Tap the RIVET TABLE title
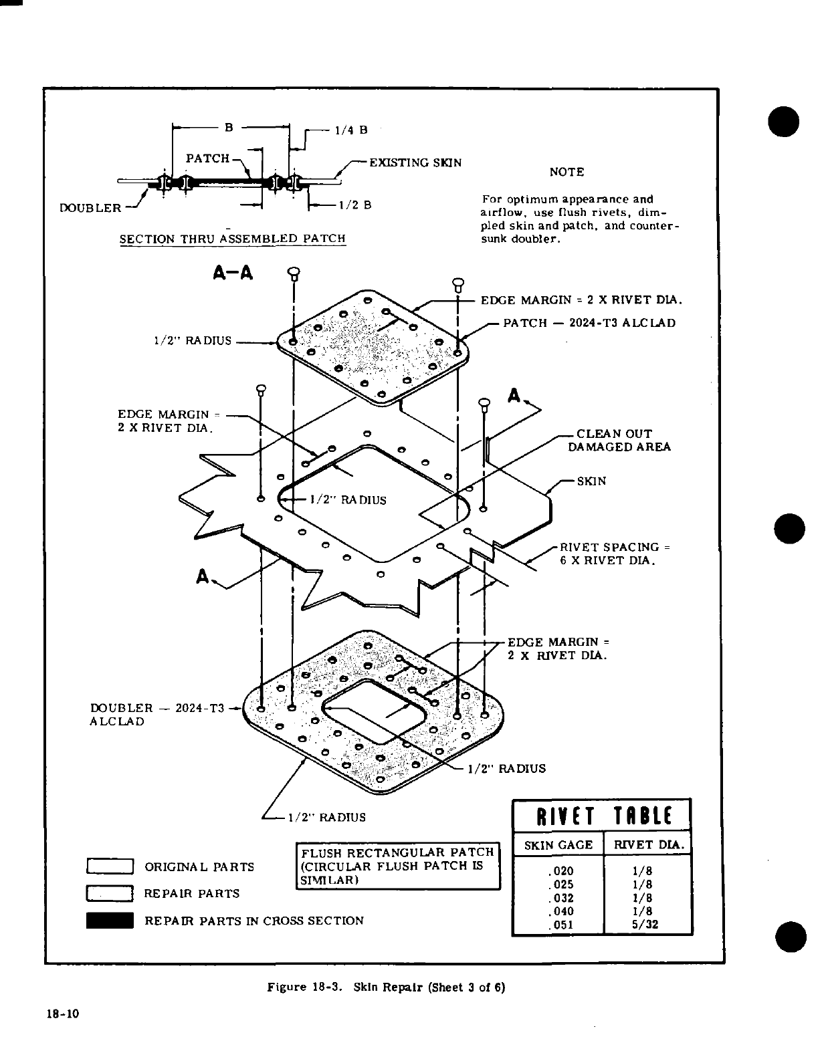pyautogui.click(x=601, y=816)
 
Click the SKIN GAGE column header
pyautogui.click(x=558, y=845)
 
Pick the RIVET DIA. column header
pyautogui.click(x=647, y=845)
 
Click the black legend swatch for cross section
pyautogui.click(x=110, y=921)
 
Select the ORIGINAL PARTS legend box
pyautogui.click(x=110, y=866)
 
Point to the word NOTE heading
pyautogui.click(x=567, y=172)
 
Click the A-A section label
pyautogui.click(x=233, y=273)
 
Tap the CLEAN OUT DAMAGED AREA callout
pyautogui.click(x=619, y=440)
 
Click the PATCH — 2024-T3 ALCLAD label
pyautogui.click(x=589, y=323)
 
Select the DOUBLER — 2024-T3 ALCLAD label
pyautogui.click(x=157, y=715)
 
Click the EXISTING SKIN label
pyautogui.click(x=415, y=162)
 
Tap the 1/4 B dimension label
pyautogui.click(x=351, y=130)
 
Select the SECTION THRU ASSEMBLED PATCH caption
pyautogui.click(x=232, y=239)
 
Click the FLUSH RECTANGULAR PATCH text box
pyautogui.click(x=398, y=866)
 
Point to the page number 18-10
pyautogui.click(x=62, y=1014)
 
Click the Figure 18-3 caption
pyautogui.click(x=386, y=987)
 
